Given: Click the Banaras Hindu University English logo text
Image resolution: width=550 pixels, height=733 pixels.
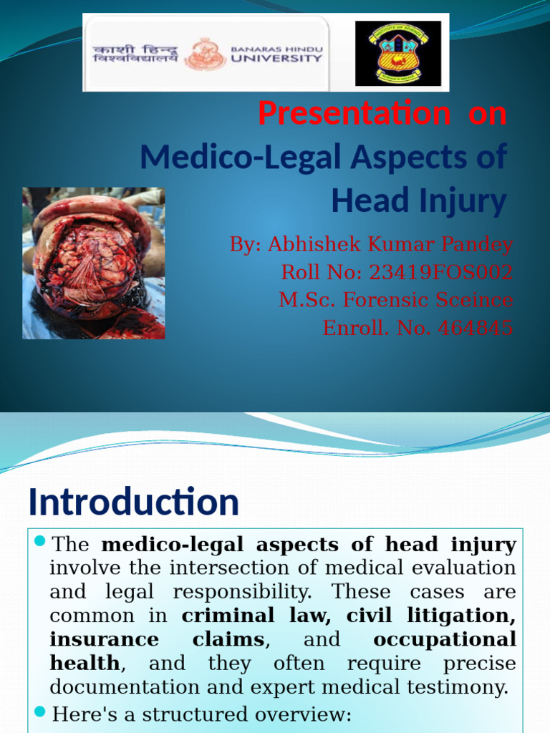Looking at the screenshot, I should [276, 54].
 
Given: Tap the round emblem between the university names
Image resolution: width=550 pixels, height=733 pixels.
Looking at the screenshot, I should [206, 54].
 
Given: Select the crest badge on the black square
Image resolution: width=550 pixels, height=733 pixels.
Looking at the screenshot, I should [398, 54].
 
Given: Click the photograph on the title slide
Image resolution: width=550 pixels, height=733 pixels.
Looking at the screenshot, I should [93, 263].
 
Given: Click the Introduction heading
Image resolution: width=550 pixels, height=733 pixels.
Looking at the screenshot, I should [133, 502].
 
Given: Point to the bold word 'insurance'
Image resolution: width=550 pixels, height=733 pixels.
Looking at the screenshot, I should [105, 639].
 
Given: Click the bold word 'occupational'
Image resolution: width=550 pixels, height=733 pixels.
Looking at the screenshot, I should [444, 639].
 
